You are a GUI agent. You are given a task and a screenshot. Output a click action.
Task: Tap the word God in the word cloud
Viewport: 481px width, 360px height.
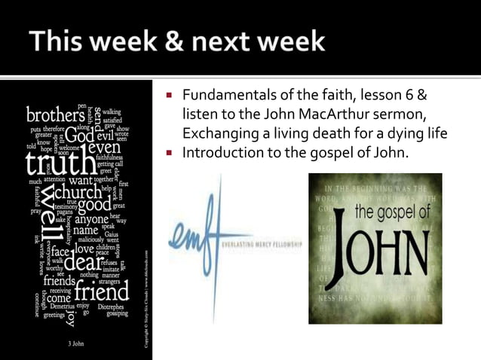click(78, 138)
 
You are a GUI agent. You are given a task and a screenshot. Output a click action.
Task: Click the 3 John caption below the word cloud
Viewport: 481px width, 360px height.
click(77, 343)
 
